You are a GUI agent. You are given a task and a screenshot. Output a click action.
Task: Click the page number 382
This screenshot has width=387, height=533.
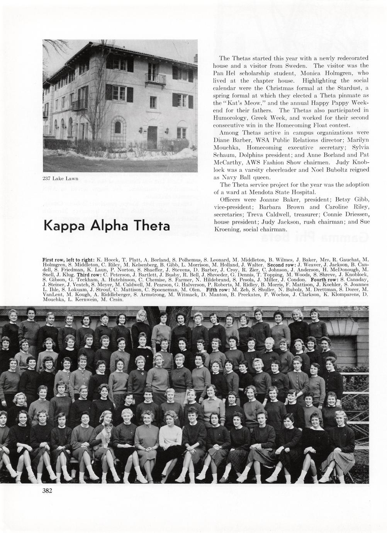[47, 491]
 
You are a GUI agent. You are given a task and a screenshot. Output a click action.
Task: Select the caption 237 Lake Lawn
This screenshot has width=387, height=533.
[60, 178]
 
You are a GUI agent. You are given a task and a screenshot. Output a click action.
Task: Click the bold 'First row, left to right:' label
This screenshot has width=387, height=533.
[68, 260]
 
